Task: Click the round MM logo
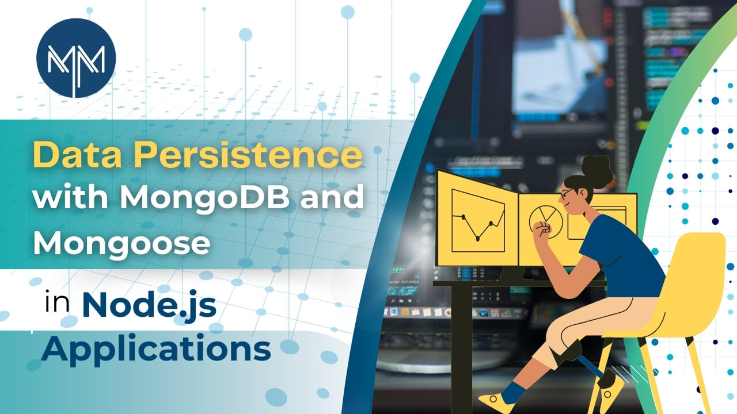coord(76,58)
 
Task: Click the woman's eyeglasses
coord(567,194)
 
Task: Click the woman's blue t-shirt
coord(622,256)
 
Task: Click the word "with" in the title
coord(70,197)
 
